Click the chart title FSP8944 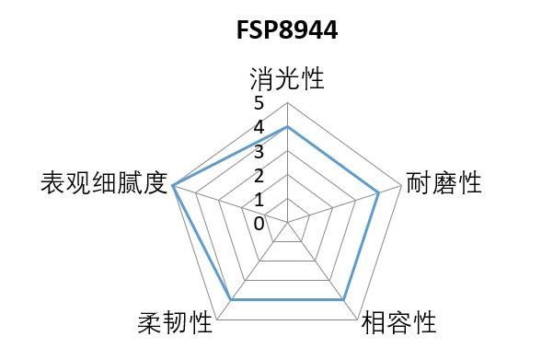pyautogui.click(x=286, y=31)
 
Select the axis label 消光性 pyautogui.click(x=287, y=78)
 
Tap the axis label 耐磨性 pyautogui.click(x=444, y=183)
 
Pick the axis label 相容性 pyautogui.click(x=398, y=323)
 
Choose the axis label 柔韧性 pyautogui.click(x=175, y=323)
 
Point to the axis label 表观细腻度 pyautogui.click(x=103, y=183)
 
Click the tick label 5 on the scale pyautogui.click(x=259, y=103)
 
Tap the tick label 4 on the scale pyautogui.click(x=259, y=127)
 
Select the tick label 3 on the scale pyautogui.click(x=259, y=151)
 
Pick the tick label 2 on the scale pyautogui.click(x=259, y=175)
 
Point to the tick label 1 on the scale pyautogui.click(x=259, y=199)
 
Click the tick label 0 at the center pyautogui.click(x=259, y=223)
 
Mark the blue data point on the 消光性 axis pyautogui.click(x=287, y=126)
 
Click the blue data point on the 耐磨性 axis pyautogui.click(x=379, y=192)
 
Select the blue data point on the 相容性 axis pyautogui.click(x=344, y=300)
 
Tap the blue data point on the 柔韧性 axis pyautogui.click(x=230, y=300)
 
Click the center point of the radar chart pyautogui.click(x=287, y=223)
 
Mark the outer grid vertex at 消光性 pyautogui.click(x=287, y=102)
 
